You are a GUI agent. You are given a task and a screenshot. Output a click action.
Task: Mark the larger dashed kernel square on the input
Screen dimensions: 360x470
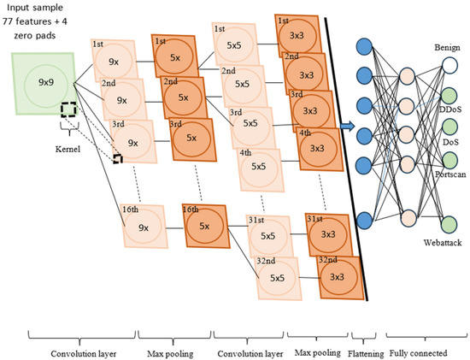[69, 110]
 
